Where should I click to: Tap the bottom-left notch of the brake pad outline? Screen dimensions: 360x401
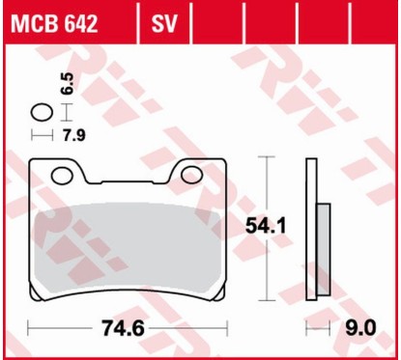[x=36, y=292]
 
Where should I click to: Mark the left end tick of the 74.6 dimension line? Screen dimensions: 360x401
[x=31, y=328]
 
